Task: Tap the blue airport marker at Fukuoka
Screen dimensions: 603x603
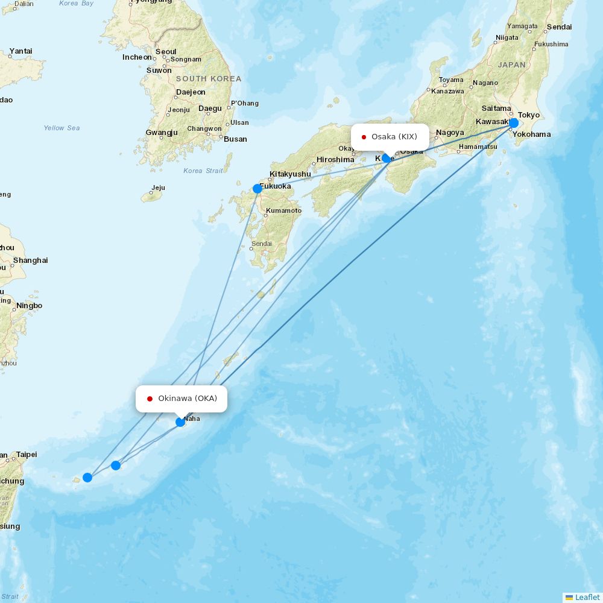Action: pyautogui.click(x=257, y=189)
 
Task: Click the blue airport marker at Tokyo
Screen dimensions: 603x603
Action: pyautogui.click(x=513, y=123)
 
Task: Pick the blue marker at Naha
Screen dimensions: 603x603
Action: pyautogui.click(x=180, y=421)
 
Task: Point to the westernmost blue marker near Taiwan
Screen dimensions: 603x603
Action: pyautogui.click(x=87, y=478)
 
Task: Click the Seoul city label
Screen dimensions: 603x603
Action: pyautogui.click(x=166, y=52)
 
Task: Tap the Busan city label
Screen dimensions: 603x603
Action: pyautogui.click(x=235, y=139)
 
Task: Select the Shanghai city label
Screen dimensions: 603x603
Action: pyautogui.click(x=30, y=260)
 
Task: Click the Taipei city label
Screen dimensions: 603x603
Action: pyautogui.click(x=27, y=454)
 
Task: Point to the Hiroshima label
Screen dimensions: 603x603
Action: pyautogui.click(x=335, y=160)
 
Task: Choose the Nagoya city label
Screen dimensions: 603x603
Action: pyautogui.click(x=450, y=133)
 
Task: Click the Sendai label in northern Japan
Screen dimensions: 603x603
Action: pyautogui.click(x=559, y=27)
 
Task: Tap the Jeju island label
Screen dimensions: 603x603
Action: pyautogui.click(x=158, y=188)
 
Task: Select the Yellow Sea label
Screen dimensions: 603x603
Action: pyautogui.click(x=62, y=128)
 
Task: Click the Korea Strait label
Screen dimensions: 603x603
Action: pyautogui.click(x=203, y=171)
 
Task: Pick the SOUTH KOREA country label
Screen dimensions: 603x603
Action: pyautogui.click(x=209, y=79)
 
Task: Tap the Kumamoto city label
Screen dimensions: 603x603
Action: pyautogui.click(x=283, y=210)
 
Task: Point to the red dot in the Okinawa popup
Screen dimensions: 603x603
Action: pyautogui.click(x=150, y=399)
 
